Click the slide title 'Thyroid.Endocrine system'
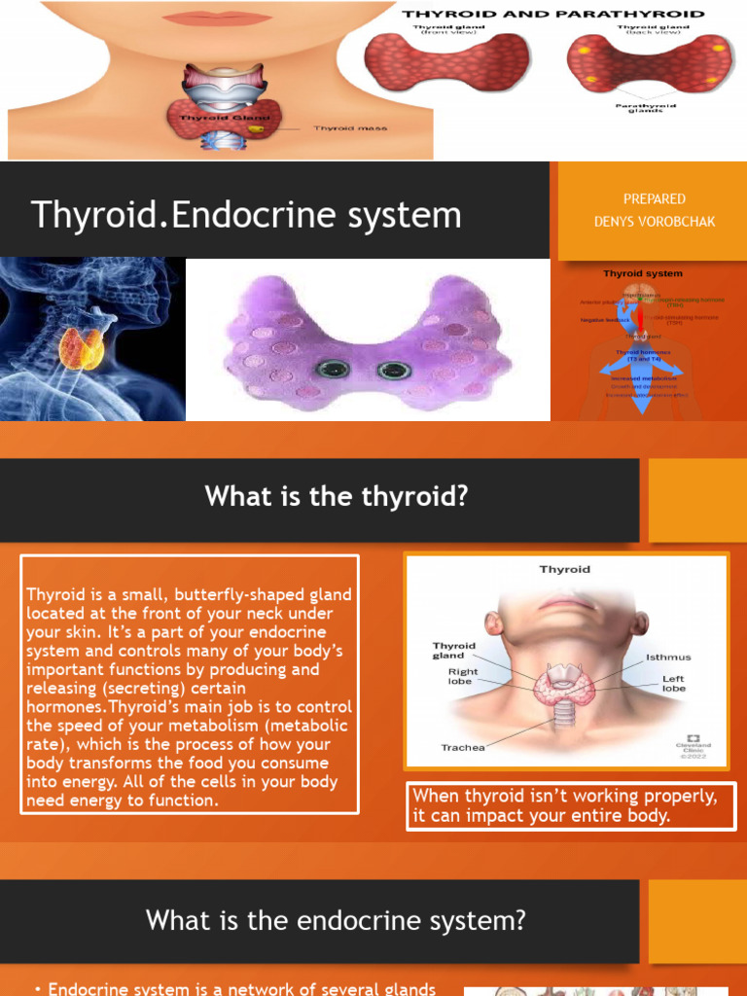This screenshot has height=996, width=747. click(246, 214)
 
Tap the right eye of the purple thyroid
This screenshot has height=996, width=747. click(394, 370)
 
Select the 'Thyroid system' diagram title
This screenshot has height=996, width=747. click(643, 274)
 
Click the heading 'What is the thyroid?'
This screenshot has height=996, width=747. click(337, 497)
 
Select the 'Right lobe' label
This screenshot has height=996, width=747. click(462, 676)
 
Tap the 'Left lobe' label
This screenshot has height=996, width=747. click(674, 684)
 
